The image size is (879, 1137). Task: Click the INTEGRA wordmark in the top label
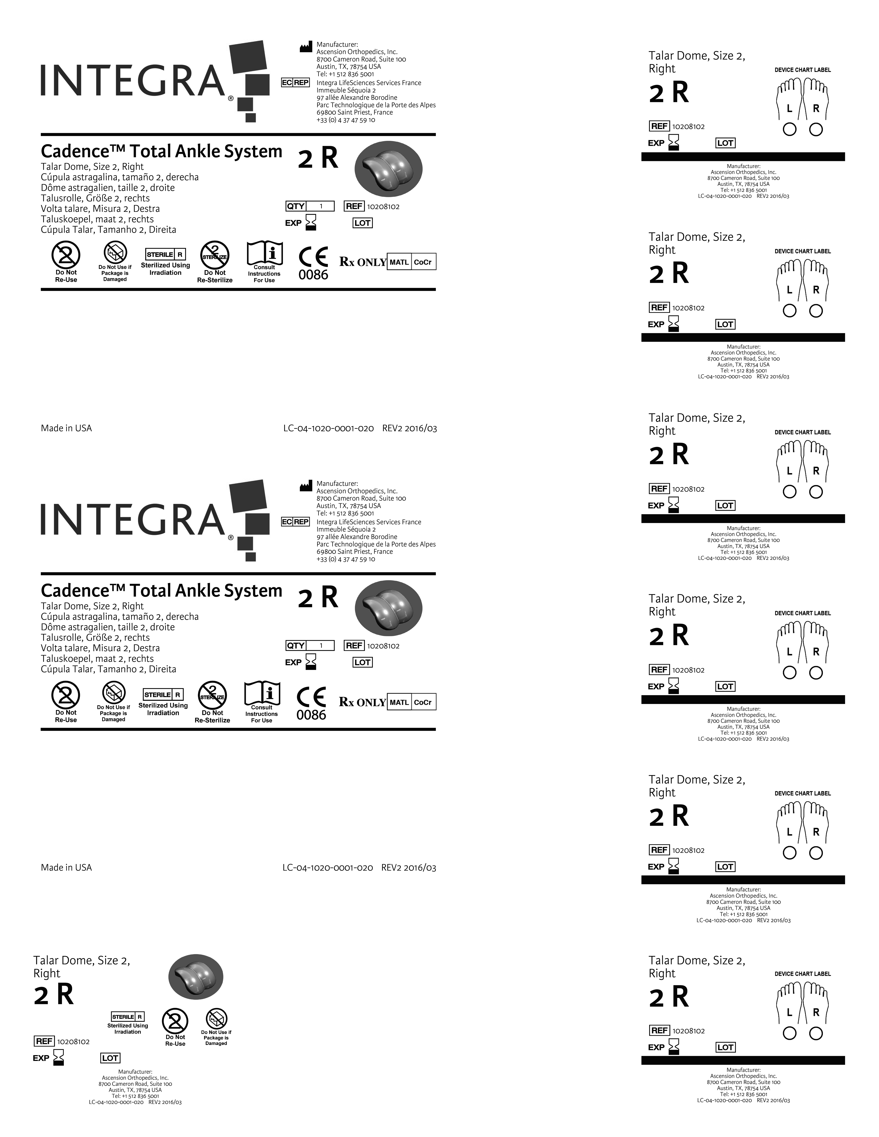[x=133, y=81]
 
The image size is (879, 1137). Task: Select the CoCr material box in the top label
[x=423, y=262]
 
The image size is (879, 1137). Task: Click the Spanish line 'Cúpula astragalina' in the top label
[x=120, y=177]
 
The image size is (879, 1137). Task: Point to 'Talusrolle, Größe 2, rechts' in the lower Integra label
[x=95, y=637]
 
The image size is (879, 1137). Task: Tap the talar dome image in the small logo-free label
[x=196, y=977]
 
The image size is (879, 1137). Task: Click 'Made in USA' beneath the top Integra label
[x=66, y=428]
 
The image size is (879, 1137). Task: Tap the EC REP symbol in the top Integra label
[x=295, y=83]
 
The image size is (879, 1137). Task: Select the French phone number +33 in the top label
[x=346, y=120]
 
